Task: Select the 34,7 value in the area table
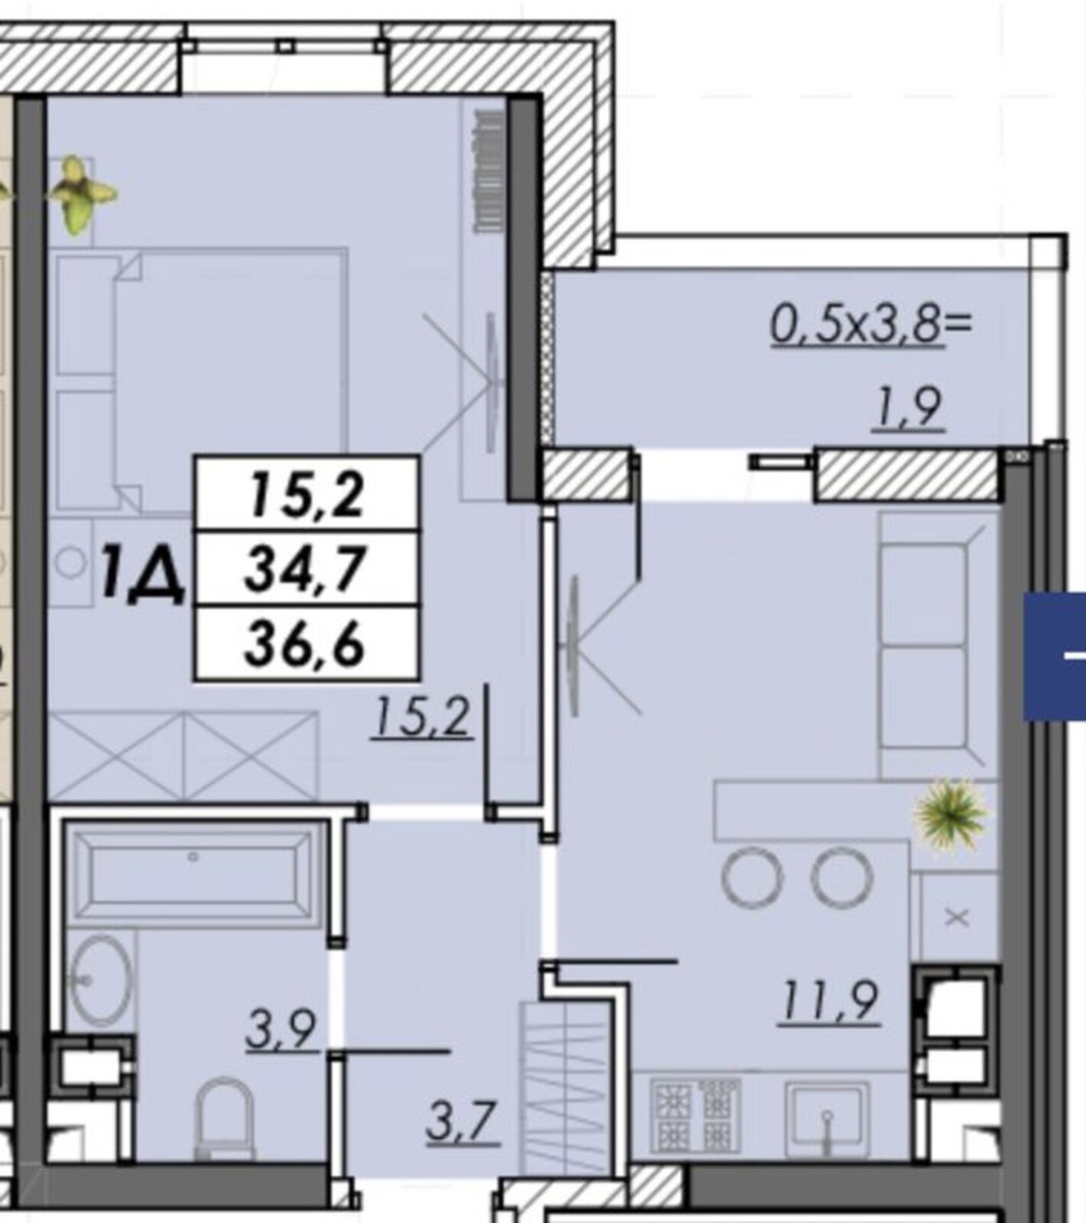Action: click(x=306, y=569)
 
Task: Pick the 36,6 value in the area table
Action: click(x=306, y=644)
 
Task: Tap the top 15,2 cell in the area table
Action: click(x=306, y=495)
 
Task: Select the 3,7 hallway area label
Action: click(x=462, y=1121)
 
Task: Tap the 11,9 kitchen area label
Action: click(x=829, y=1001)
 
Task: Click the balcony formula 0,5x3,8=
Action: click(x=871, y=324)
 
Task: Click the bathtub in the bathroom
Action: click(x=195, y=871)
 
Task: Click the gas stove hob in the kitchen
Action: click(x=695, y=1115)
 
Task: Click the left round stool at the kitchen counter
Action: click(x=752, y=877)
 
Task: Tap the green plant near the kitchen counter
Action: click(x=951, y=814)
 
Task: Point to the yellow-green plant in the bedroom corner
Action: click(x=80, y=193)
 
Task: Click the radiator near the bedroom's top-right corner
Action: click(x=489, y=170)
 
